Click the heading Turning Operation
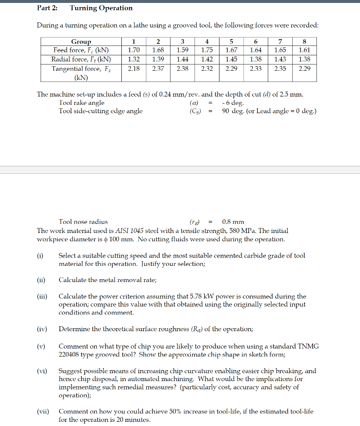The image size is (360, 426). pos(101,8)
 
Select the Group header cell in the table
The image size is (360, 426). pos(81,42)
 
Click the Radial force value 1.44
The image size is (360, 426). pos(182,59)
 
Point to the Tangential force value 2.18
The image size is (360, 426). pos(133,69)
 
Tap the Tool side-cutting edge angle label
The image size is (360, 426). pos(101,111)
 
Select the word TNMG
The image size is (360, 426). pos(308,346)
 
